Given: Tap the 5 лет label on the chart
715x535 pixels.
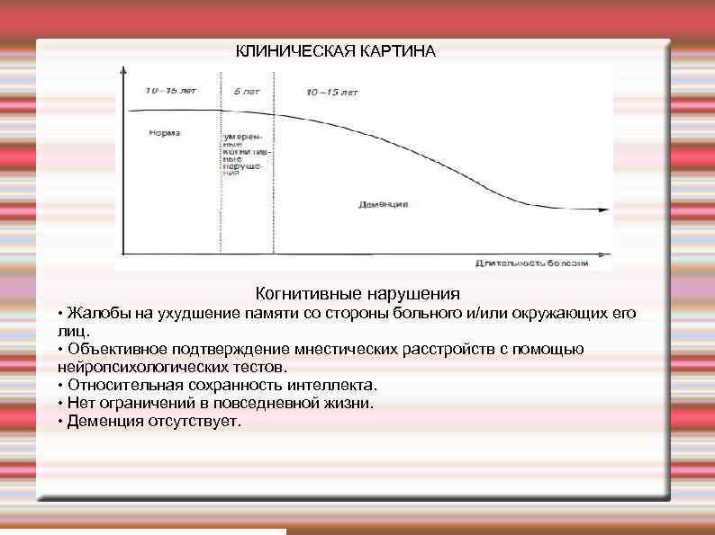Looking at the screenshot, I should [x=243, y=92].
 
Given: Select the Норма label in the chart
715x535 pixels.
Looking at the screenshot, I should [x=165, y=132].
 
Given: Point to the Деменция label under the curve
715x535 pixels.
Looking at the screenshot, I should [x=383, y=204].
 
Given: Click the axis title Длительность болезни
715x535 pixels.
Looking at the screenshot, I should [x=531, y=263].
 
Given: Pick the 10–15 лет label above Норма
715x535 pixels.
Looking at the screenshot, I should [x=171, y=91].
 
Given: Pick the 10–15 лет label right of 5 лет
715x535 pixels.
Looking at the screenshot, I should [x=331, y=93].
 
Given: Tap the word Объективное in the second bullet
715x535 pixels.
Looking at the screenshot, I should [x=121, y=349].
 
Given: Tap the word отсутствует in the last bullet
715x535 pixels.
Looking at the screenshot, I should [x=195, y=421].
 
